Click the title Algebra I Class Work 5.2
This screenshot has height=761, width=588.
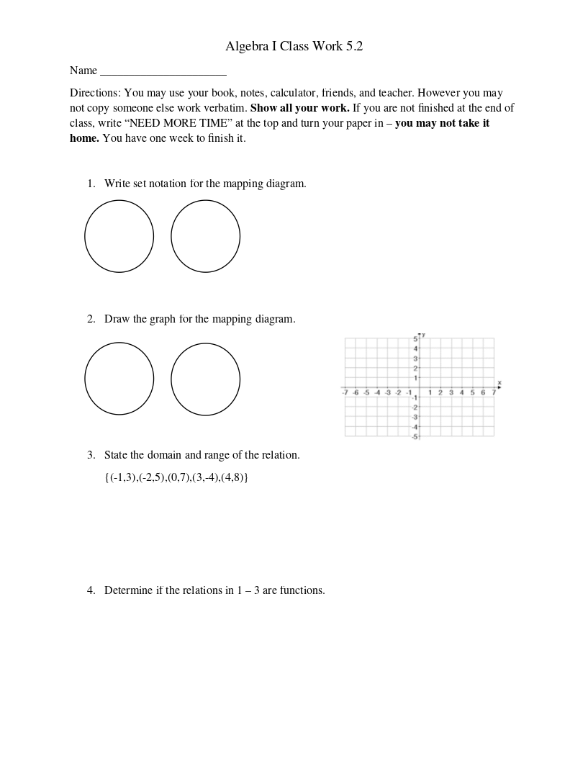coord(294,47)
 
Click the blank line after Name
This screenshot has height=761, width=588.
coord(163,72)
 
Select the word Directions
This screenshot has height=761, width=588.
coord(94,93)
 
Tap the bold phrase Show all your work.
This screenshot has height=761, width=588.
coord(300,108)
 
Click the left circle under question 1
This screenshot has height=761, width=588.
coord(119,236)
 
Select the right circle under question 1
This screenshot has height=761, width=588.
coord(206,236)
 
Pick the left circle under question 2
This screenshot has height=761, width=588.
coord(119,379)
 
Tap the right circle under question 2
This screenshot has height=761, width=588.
coord(206,379)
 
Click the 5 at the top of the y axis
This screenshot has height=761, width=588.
coord(415,338)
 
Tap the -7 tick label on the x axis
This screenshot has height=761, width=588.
coord(346,392)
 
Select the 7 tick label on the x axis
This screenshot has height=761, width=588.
coord(494,392)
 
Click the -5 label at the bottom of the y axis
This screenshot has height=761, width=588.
coord(415,436)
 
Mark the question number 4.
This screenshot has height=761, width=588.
coord(91,590)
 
